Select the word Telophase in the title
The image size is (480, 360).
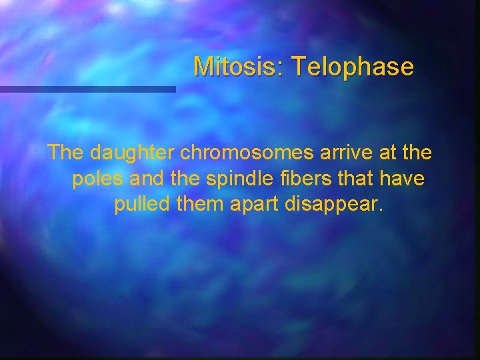353,67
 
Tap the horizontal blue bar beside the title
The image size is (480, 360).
87,89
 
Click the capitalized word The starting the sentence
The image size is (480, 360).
66,153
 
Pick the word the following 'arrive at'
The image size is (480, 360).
417,153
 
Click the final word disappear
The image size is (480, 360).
333,204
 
